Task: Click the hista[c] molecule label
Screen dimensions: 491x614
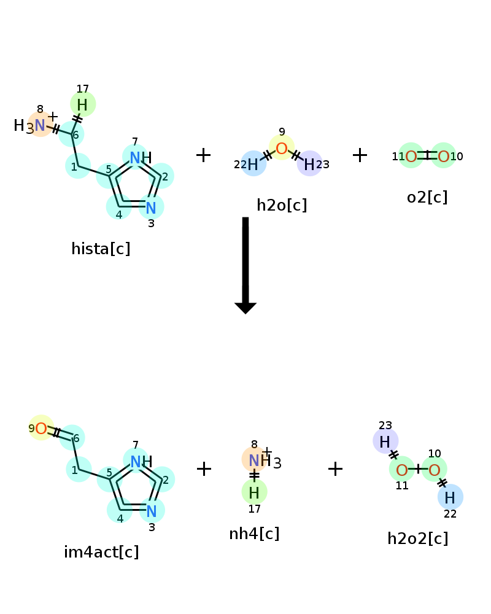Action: pyautogui.click(x=101, y=249)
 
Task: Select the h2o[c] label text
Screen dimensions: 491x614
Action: pyautogui.click(x=282, y=205)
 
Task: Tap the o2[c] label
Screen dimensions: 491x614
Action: pyautogui.click(x=427, y=197)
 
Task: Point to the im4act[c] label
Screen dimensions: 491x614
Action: pyautogui.click(x=101, y=552)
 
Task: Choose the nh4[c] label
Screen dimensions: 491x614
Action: pyautogui.click(x=254, y=534)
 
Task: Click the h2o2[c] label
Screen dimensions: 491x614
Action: pyautogui.click(x=418, y=539)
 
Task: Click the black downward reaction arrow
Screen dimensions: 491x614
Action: pyautogui.click(x=245, y=265)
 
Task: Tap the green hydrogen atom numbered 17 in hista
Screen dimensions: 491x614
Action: pyautogui.click(x=83, y=104)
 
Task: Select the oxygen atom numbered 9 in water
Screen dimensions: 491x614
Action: pyautogui.click(x=282, y=148)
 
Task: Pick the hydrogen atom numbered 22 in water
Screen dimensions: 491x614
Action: pyautogui.click(x=253, y=164)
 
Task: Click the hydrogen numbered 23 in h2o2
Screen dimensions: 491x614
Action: pyautogui.click(x=385, y=441)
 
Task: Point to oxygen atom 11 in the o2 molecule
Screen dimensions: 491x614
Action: pyautogui.click(x=411, y=156)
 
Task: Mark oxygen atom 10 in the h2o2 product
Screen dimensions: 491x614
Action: pyautogui.click(x=434, y=469)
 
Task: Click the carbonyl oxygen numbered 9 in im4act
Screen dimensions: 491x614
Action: pyautogui.click(x=41, y=428)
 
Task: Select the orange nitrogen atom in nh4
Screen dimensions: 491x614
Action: pyautogui.click(x=254, y=460)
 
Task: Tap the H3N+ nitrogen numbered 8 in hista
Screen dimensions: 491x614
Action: pyautogui.click(x=40, y=125)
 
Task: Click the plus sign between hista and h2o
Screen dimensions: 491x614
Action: pyautogui.click(x=203, y=155)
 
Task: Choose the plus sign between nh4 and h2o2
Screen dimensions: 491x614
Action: pyautogui.click(x=335, y=468)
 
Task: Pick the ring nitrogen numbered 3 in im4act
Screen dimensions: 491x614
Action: pyautogui.click(x=152, y=511)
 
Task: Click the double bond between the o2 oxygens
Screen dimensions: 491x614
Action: pyautogui.click(x=427, y=155)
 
